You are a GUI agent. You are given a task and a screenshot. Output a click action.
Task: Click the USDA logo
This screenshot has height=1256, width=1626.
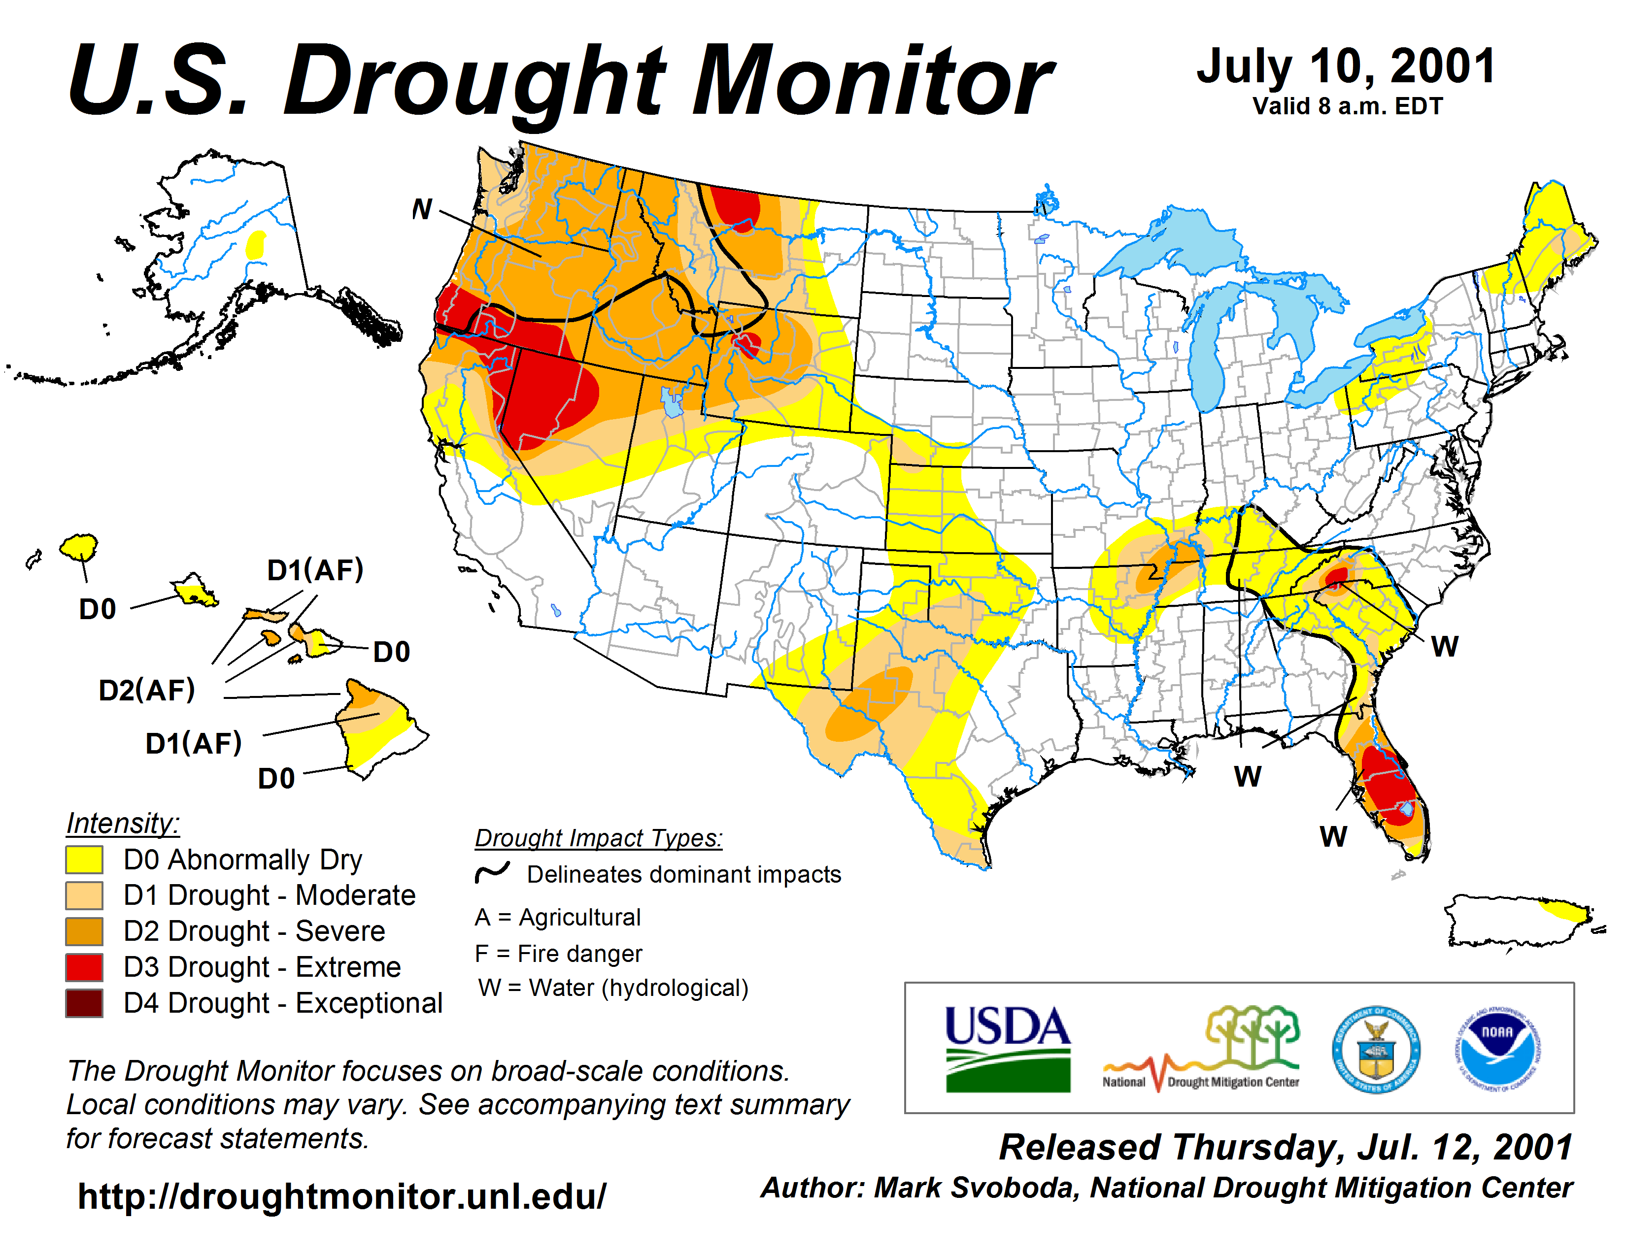[1007, 1049]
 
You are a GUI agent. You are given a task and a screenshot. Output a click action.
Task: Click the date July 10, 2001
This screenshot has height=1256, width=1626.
[1346, 67]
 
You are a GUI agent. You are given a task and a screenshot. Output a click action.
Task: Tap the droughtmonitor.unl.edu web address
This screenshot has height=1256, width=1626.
[342, 1196]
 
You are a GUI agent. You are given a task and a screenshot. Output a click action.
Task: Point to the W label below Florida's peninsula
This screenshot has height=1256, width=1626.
[1333, 837]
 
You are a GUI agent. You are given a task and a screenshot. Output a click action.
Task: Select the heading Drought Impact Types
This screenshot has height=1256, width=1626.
[599, 838]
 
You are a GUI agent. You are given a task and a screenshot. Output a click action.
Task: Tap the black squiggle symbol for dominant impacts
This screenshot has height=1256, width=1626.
[492, 872]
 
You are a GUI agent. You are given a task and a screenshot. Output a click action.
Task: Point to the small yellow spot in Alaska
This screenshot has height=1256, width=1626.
[256, 244]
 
